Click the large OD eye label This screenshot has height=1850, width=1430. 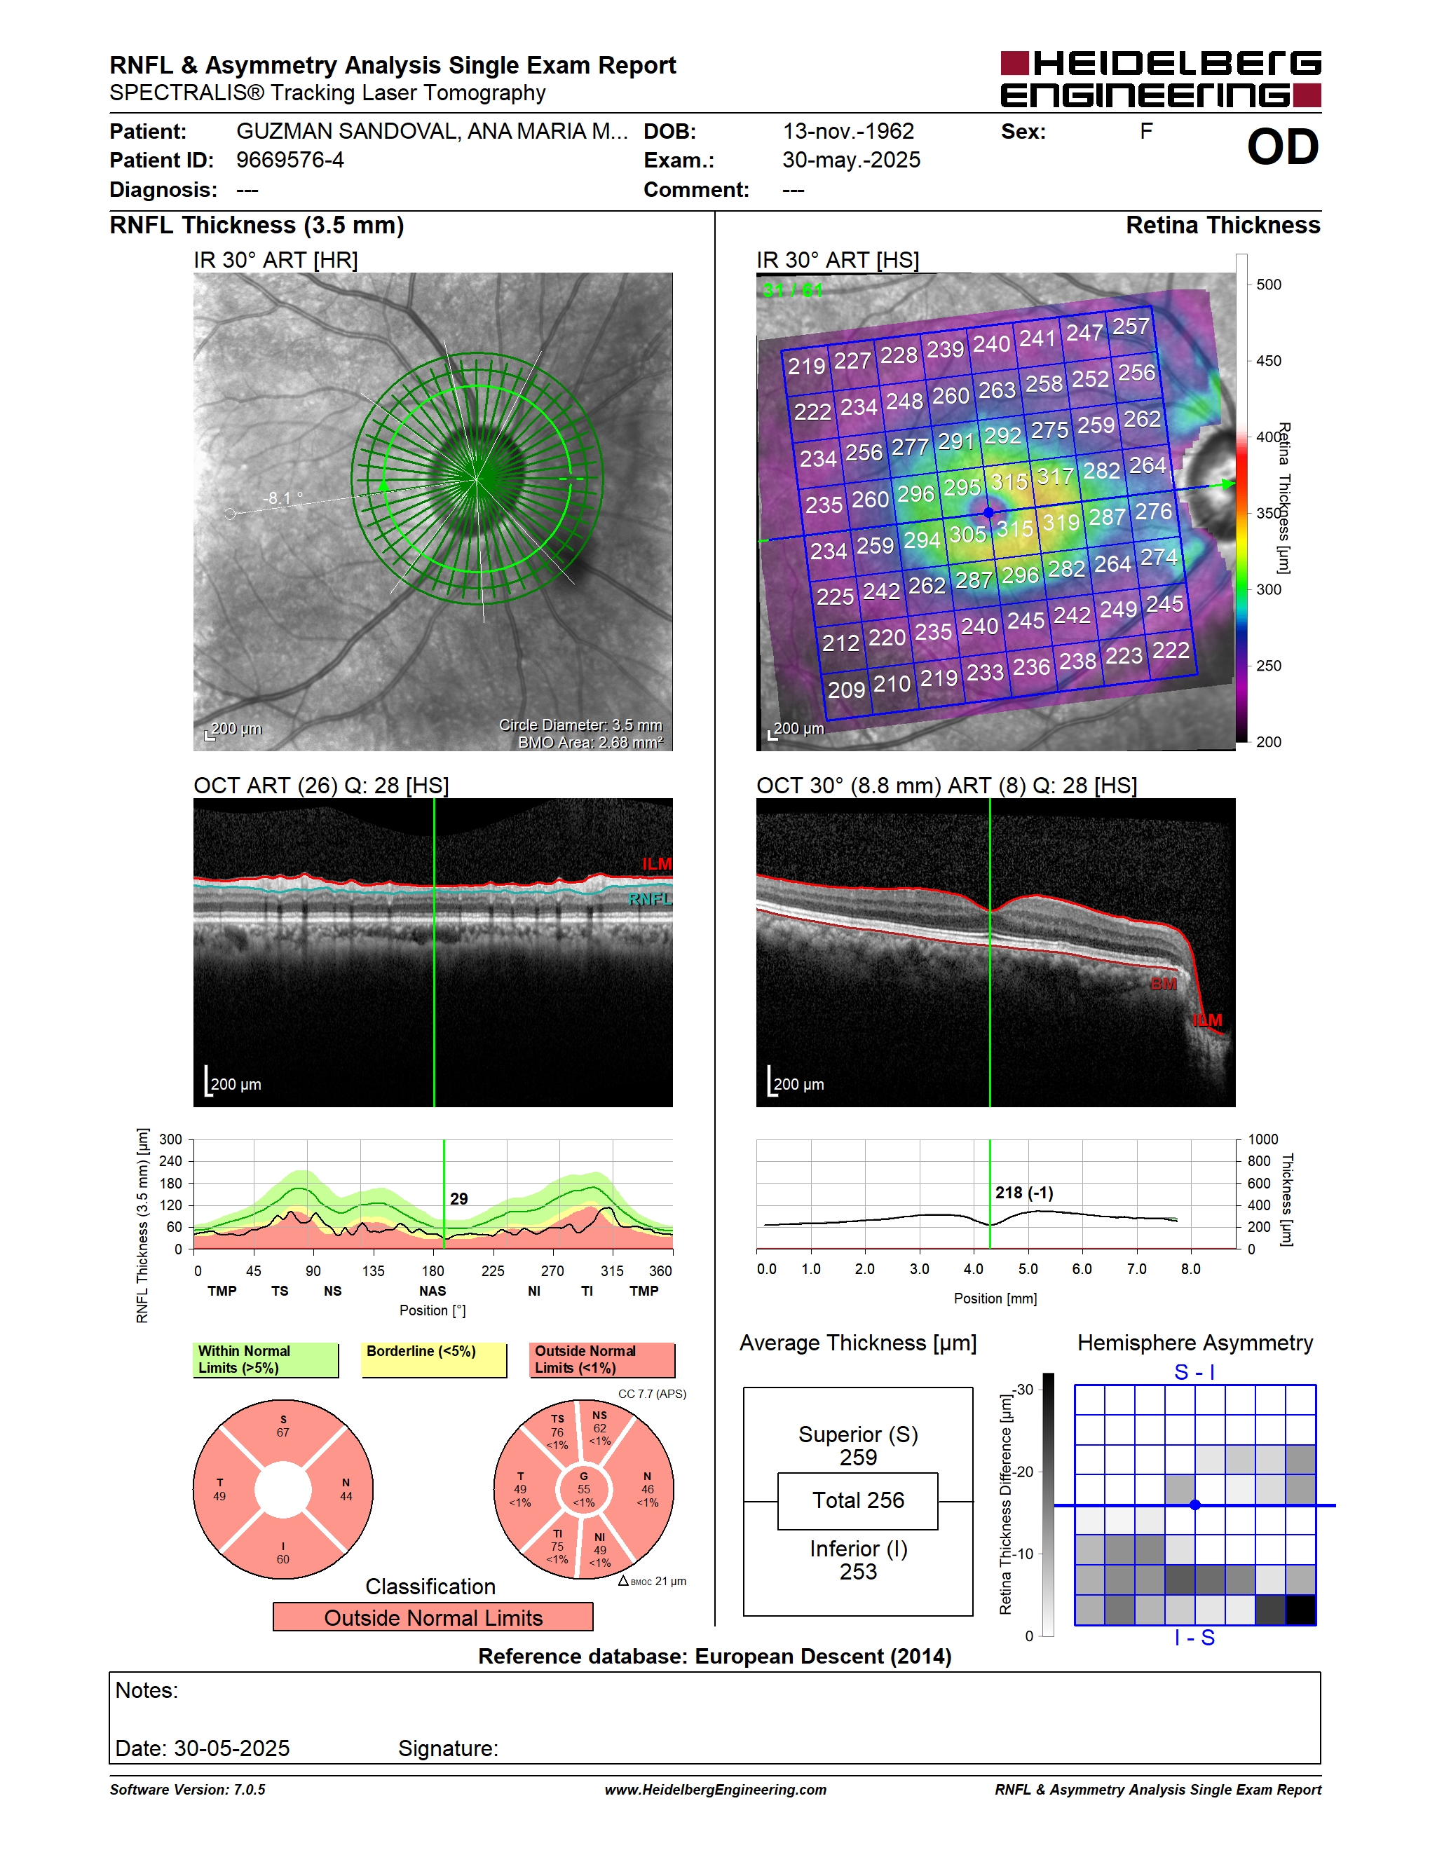(1283, 147)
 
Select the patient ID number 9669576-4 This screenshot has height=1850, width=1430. (290, 160)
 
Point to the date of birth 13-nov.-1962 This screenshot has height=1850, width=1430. (848, 131)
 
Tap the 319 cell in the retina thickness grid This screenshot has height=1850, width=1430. (1061, 523)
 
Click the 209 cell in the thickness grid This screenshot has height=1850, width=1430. (845, 690)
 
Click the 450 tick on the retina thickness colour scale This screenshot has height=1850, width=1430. (1268, 361)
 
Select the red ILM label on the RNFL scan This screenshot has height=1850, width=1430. (657, 864)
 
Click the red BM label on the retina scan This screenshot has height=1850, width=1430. (1163, 983)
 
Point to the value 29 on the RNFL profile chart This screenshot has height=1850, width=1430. (458, 1198)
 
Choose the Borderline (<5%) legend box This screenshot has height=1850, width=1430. (434, 1359)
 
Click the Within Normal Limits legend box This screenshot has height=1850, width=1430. (265, 1359)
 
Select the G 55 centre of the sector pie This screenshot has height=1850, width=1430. (584, 1489)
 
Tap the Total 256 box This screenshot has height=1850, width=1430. (857, 1501)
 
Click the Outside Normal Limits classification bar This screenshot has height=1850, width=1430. (433, 1617)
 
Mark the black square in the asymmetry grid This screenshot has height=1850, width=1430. (1300, 1610)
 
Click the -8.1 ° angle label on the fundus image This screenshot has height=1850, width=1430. (282, 498)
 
